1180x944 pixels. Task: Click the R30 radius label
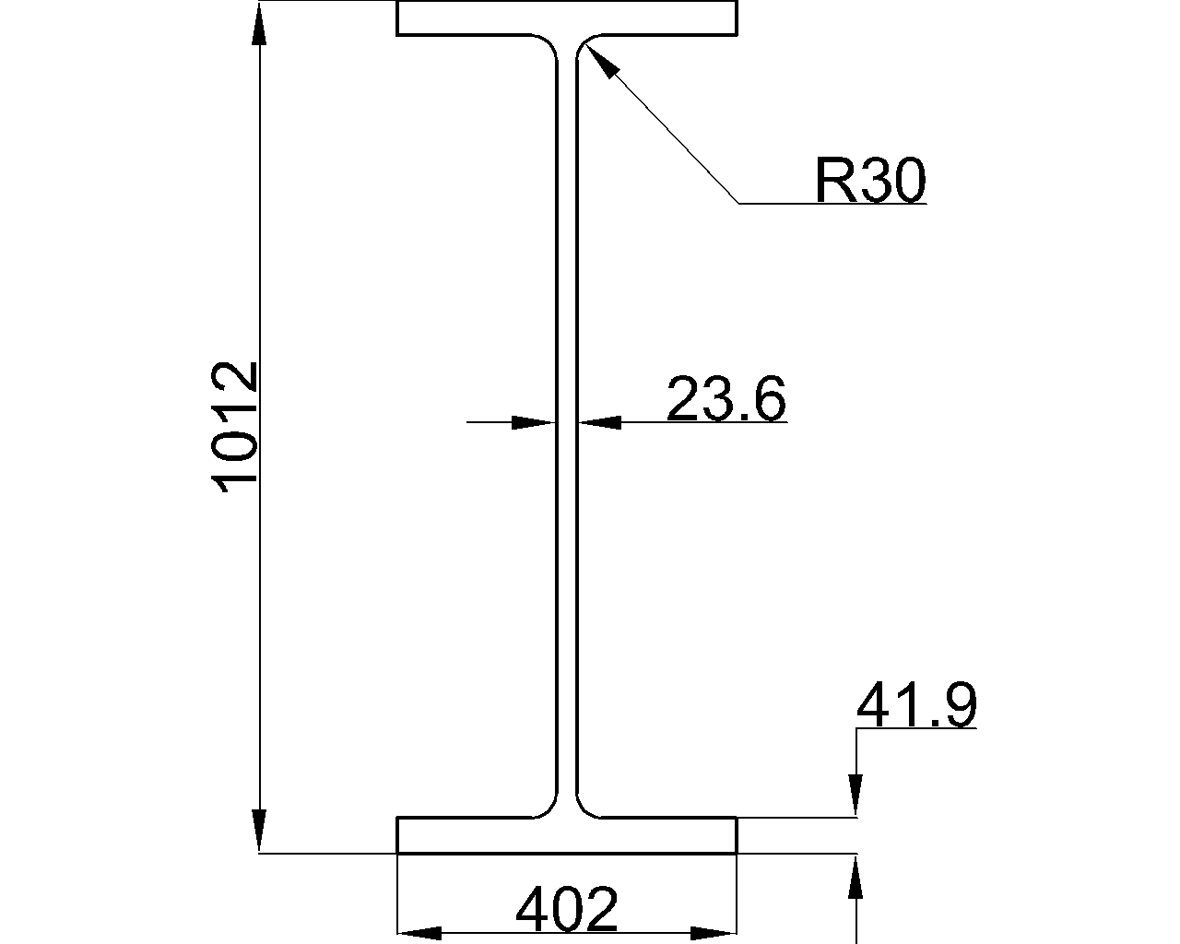[x=869, y=180]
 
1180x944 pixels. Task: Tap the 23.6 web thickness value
[x=726, y=399]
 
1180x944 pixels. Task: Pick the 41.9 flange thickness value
[x=915, y=706]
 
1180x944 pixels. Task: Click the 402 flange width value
[x=566, y=910]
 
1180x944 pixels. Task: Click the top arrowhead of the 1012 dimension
[x=260, y=23]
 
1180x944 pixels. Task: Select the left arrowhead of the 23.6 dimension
[x=532, y=422]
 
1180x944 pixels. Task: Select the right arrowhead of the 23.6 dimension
[x=601, y=422]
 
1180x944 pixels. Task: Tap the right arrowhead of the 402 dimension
[x=716, y=933]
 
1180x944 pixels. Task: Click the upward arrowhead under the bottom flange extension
[x=857, y=876]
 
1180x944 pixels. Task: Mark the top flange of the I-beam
[x=567, y=18]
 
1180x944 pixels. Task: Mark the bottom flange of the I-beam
[x=567, y=835]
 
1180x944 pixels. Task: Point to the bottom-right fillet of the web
[x=585, y=808]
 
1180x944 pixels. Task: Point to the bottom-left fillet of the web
[x=549, y=808]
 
